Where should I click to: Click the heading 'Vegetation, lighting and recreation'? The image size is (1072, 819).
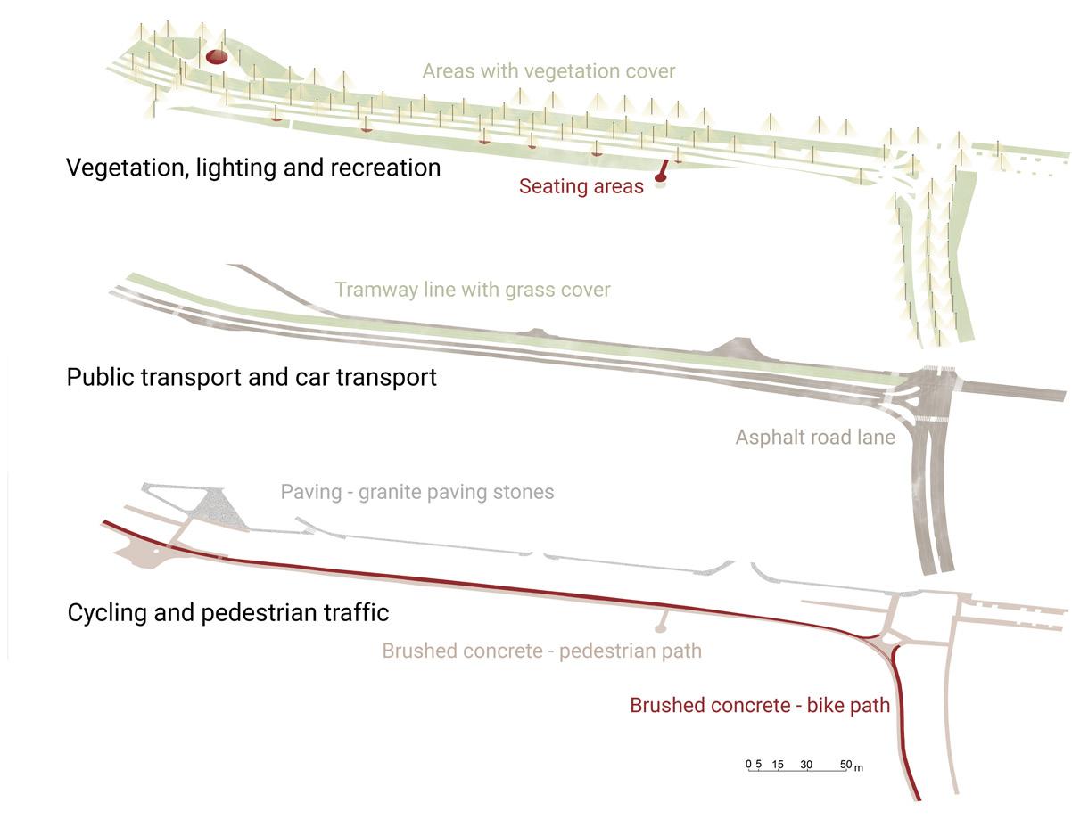[x=253, y=168]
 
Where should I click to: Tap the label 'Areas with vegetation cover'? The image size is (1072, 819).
[x=548, y=70]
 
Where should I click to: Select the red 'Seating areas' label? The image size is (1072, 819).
[x=581, y=187]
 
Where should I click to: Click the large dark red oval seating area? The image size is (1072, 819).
[x=216, y=58]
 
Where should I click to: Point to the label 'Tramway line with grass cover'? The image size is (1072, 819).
[x=472, y=290]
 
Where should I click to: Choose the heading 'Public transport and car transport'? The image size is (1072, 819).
[x=252, y=377]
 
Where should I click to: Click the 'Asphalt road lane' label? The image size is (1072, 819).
[x=814, y=438]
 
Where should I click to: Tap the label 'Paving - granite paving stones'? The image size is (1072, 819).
[x=416, y=492]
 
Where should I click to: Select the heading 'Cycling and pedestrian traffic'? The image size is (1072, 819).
[x=228, y=613]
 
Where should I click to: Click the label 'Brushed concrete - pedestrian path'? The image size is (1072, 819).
[x=541, y=651]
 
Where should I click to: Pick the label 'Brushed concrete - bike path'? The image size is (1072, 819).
[x=760, y=705]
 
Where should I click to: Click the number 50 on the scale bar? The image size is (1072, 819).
[x=845, y=765]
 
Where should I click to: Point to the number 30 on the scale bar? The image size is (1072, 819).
[x=806, y=765]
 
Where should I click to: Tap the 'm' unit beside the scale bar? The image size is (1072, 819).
[x=858, y=767]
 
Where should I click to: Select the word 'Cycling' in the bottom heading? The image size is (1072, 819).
[x=108, y=613]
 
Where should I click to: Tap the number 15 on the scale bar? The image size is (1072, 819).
[x=778, y=765]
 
